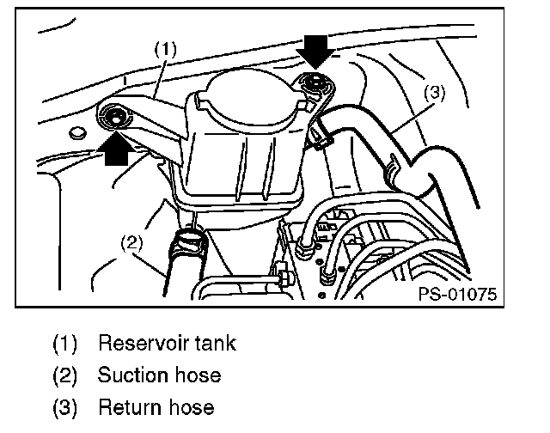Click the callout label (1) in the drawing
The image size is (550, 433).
coord(166,50)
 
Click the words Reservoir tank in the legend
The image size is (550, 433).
coord(167,344)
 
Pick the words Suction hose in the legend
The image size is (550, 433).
coord(159,375)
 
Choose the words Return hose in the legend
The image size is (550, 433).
coord(156,406)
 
